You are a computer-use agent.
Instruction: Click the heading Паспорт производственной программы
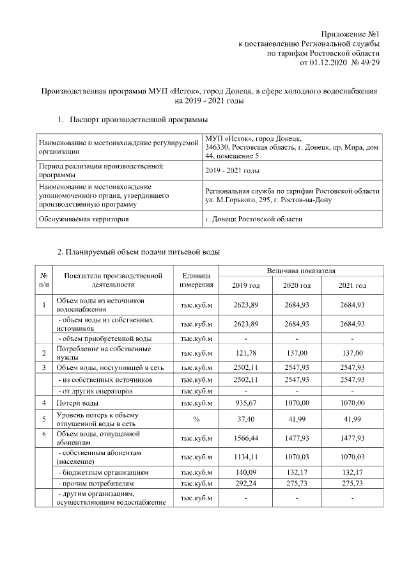(138, 119)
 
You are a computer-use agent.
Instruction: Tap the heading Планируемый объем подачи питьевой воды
(139, 252)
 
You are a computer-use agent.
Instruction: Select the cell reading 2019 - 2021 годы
(233, 170)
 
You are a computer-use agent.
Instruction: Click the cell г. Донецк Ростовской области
(254, 219)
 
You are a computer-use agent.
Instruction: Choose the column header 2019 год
(246, 285)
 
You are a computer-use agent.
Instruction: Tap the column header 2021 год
(352, 285)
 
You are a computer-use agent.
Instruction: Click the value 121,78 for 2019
(246, 353)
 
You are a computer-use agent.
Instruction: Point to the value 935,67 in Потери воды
(246, 403)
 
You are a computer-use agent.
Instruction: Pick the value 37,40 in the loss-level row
(246, 420)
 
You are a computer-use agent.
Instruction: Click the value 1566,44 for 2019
(246, 439)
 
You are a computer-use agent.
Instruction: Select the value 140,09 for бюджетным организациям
(246, 472)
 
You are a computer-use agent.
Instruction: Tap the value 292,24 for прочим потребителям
(246, 483)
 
